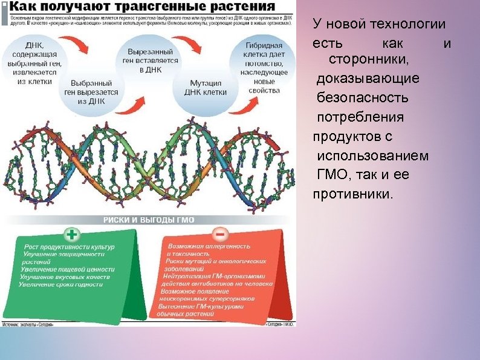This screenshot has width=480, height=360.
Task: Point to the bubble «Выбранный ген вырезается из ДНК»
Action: coord(91,92)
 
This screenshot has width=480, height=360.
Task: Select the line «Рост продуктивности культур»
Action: coord(69,247)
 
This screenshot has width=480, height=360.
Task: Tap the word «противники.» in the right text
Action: coord(353,194)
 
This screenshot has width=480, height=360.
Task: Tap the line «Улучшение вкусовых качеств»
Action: coord(65,277)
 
